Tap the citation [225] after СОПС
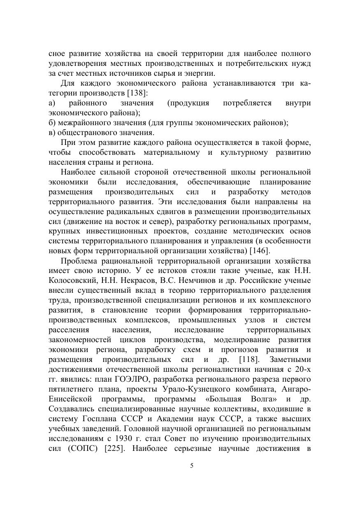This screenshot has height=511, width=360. click(115, 449)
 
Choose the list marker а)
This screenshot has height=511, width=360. click(52, 103)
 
